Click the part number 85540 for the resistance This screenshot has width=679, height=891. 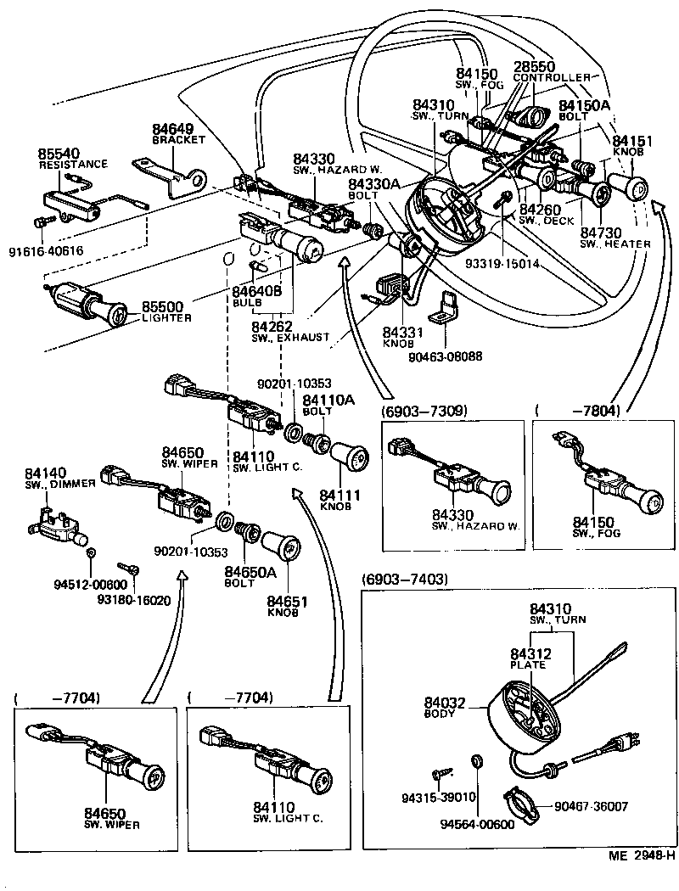[57, 154]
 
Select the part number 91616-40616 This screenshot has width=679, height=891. [47, 250]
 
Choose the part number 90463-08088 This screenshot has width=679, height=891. [446, 356]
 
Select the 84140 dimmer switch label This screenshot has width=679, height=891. [43, 473]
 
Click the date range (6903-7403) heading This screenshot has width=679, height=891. [405, 580]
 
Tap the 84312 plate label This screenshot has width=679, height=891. [530, 653]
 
